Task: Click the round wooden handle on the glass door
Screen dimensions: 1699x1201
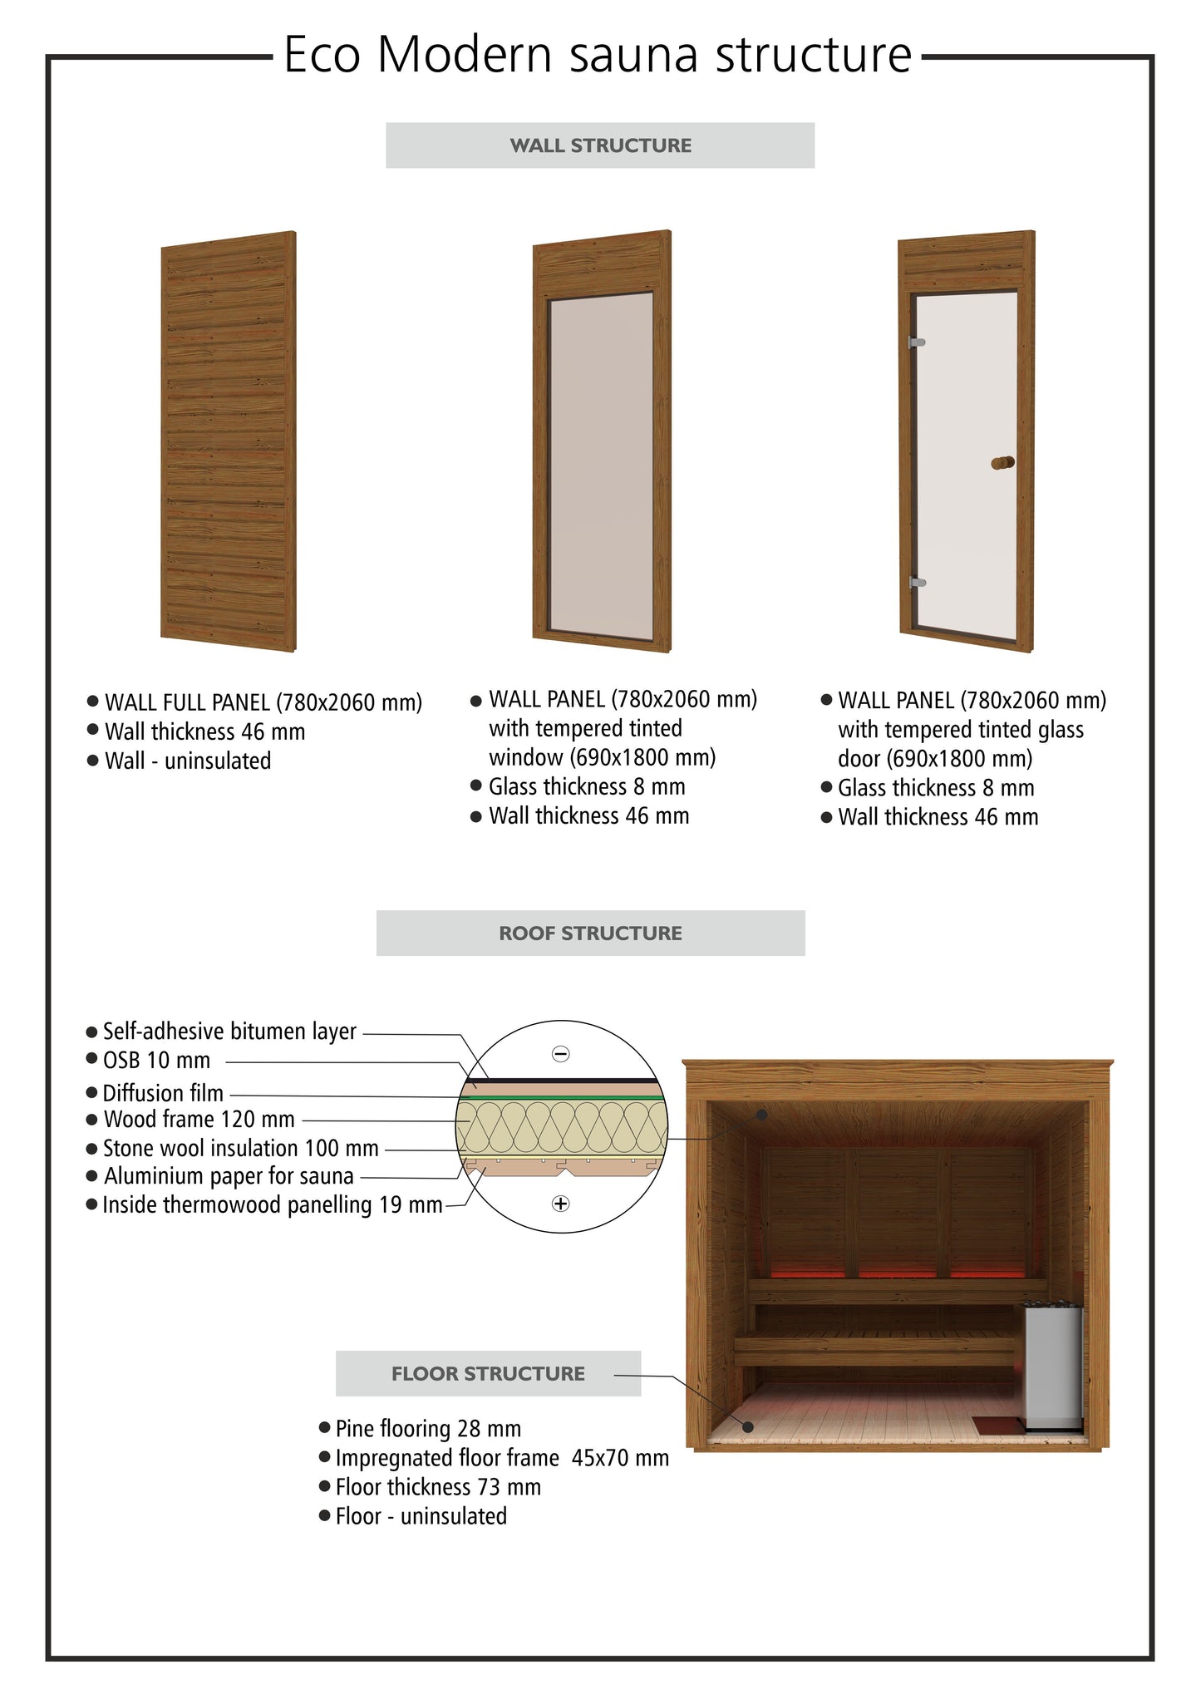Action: click(1003, 463)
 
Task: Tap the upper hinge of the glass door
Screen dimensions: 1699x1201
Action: click(918, 342)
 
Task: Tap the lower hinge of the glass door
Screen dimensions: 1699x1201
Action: click(918, 582)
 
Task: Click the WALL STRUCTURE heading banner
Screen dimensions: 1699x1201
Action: click(600, 145)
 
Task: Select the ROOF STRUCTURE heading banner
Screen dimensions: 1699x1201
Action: click(590, 933)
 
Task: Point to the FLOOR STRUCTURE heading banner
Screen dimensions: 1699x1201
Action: click(488, 1373)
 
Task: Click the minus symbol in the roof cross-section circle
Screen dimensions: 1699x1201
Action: click(561, 1054)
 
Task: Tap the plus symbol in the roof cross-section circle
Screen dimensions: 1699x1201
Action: click(561, 1203)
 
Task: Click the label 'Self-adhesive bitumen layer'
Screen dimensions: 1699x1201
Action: click(229, 1032)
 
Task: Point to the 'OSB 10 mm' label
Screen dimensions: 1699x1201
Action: click(156, 1061)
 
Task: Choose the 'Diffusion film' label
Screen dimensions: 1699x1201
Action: click(163, 1093)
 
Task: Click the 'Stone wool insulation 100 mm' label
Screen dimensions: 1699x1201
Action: click(240, 1149)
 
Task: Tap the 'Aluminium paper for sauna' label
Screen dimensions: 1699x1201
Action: click(229, 1176)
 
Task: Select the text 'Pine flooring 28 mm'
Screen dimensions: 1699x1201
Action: click(428, 1429)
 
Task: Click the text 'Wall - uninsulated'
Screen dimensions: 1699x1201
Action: click(188, 761)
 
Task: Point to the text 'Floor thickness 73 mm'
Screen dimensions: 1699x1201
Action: click(438, 1487)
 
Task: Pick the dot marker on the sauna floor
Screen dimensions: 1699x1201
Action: click(748, 1426)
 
